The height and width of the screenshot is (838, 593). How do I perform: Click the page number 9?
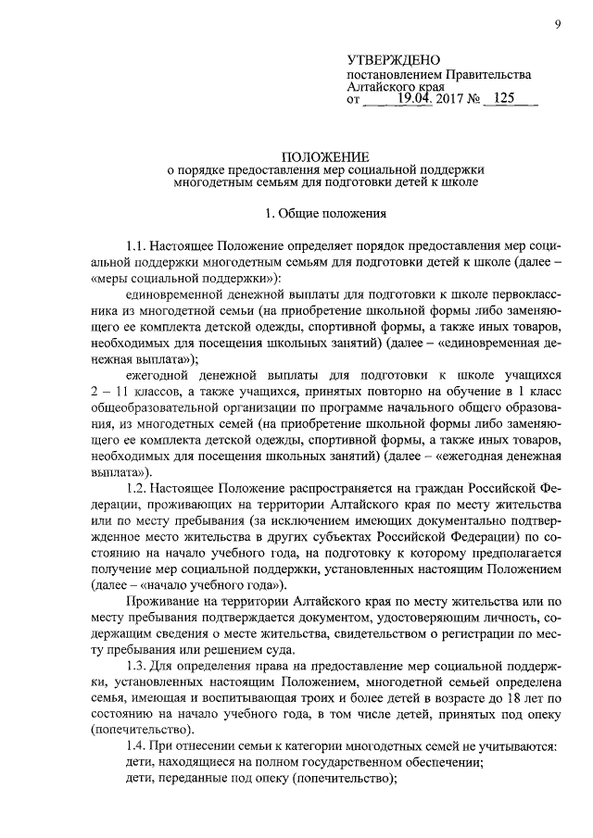coord(559,25)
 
